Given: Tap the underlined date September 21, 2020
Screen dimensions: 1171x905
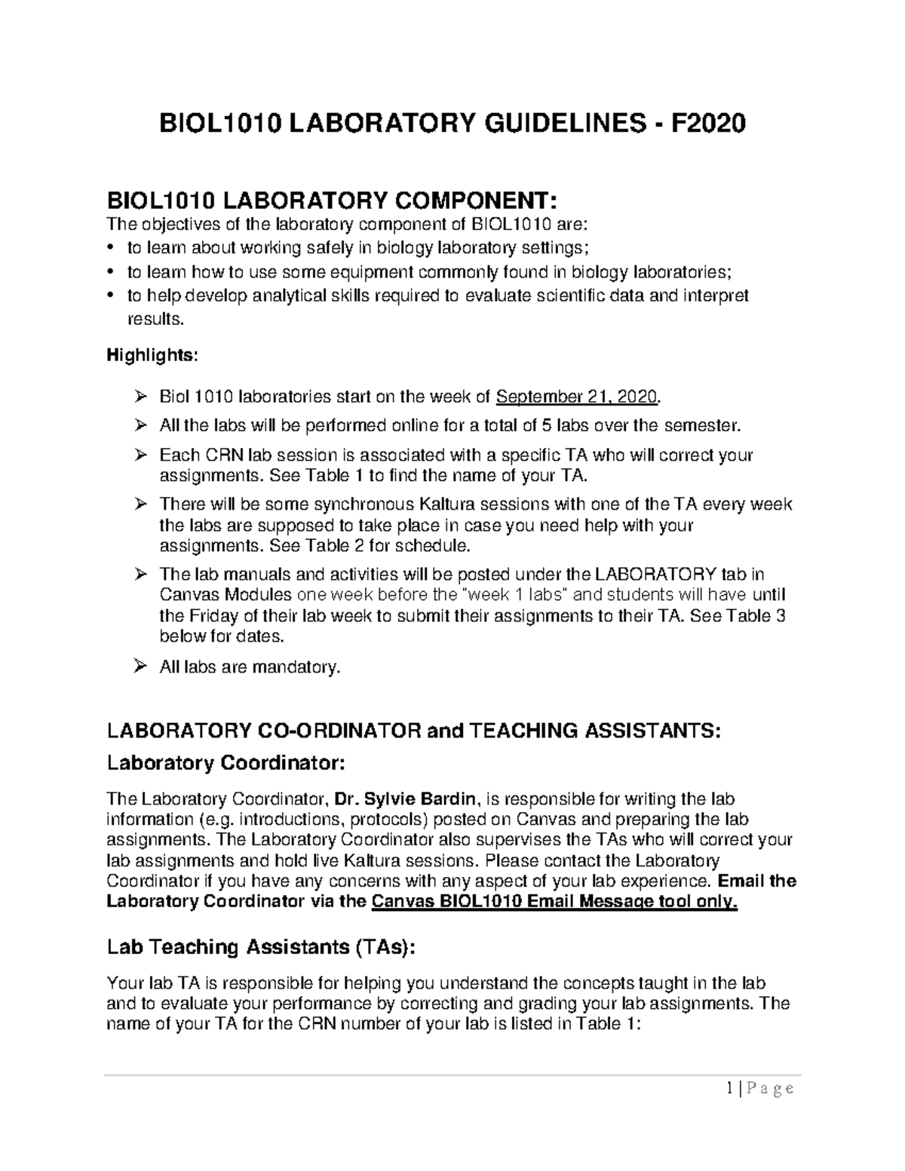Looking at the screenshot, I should tap(577, 397).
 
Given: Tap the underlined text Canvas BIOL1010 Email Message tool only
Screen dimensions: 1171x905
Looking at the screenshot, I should tap(555, 902).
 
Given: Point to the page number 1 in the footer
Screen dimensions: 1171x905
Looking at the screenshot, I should tap(730, 1088).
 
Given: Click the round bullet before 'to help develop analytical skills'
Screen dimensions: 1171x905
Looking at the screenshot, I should tap(112, 296).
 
